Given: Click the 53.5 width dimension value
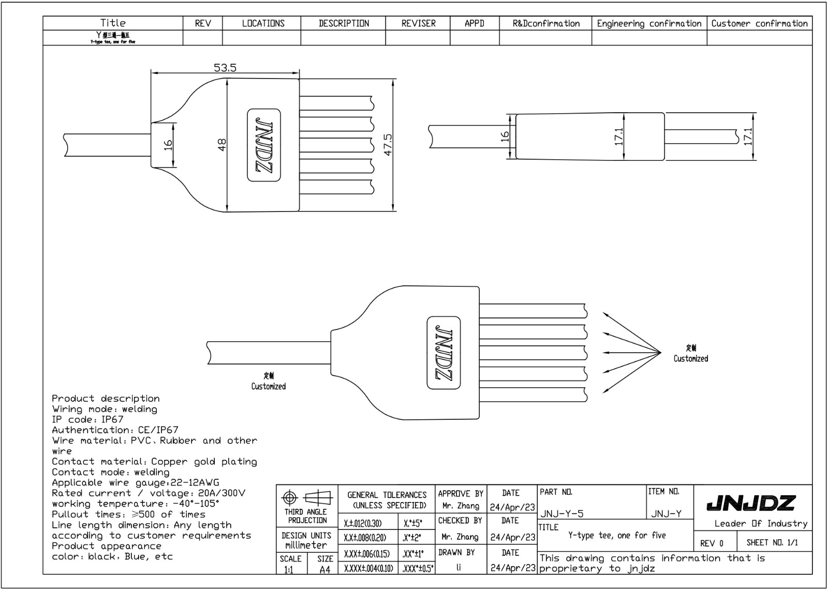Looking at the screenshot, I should (225, 68).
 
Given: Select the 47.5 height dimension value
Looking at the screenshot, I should (388, 144).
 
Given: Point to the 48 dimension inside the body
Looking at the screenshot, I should (222, 145).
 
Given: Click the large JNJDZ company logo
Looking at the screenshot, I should (751, 503).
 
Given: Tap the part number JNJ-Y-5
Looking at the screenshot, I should (562, 513).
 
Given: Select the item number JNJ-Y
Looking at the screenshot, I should (666, 513).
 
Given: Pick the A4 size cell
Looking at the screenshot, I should (324, 569).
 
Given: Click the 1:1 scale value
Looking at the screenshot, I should (288, 570).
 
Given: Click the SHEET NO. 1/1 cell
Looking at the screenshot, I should (772, 542).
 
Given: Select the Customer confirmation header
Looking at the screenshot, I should (759, 23).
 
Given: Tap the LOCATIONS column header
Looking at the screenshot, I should (263, 23).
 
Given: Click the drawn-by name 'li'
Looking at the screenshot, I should (459, 567).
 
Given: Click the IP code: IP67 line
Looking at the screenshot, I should (87, 419).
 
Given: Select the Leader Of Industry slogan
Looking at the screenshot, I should (760, 523).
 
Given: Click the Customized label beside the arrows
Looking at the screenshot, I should (690, 358).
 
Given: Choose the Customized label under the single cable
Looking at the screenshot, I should (268, 386).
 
